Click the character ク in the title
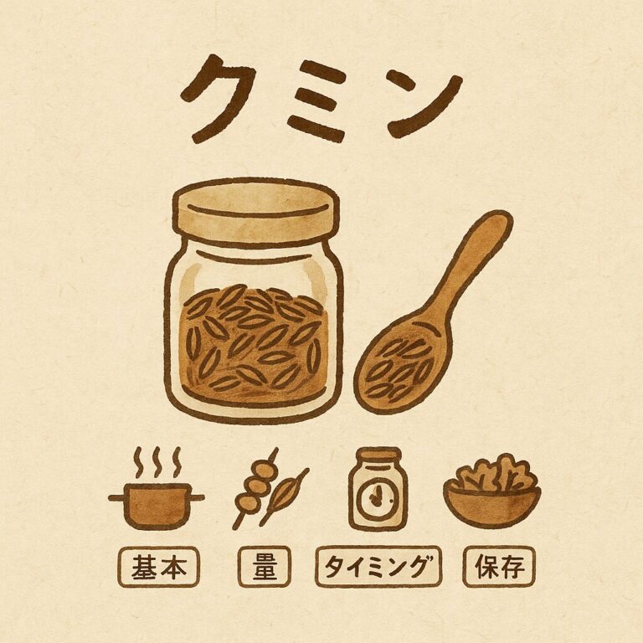(218, 99)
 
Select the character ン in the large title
(422, 105)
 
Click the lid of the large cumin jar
(256, 213)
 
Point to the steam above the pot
(158, 462)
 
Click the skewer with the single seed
(284, 496)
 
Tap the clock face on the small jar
(378, 497)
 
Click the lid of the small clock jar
(378, 456)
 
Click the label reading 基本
(159, 567)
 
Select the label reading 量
(265, 567)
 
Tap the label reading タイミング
(378, 567)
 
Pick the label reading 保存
(499, 567)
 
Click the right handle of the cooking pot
(198, 498)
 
